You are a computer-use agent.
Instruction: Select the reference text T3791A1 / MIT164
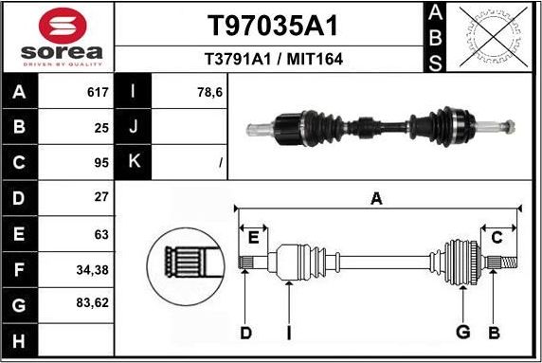[272, 59]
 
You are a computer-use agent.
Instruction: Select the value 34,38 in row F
[94, 270]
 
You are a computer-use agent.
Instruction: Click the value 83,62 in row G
[94, 305]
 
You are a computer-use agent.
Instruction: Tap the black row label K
[134, 163]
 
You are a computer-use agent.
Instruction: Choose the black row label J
[134, 127]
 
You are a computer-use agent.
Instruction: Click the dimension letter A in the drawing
[376, 198]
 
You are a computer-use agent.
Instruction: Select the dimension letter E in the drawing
[253, 237]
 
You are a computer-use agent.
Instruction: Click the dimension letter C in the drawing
[496, 237]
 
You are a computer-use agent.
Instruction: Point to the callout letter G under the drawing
[463, 332]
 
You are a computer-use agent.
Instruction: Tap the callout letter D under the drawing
[245, 332]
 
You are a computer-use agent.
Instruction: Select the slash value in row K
[220, 164]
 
